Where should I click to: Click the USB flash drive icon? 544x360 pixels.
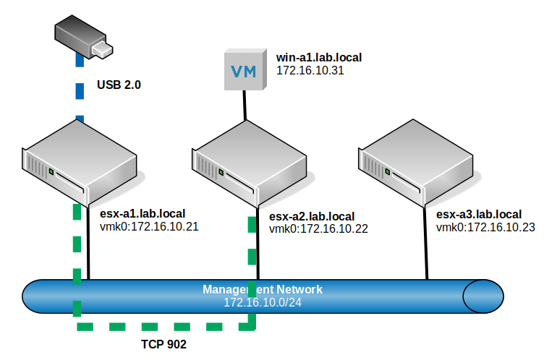84,37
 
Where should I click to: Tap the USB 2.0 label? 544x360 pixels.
119,85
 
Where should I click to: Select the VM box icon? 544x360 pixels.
245,69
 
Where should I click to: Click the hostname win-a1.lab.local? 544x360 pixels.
319,58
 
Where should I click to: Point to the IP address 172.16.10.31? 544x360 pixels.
310,70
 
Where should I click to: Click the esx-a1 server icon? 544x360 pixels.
80,163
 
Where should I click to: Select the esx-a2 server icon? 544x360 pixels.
249,163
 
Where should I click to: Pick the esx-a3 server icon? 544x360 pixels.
416,163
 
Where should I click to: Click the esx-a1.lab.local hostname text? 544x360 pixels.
143,213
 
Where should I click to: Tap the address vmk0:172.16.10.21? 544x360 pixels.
149,226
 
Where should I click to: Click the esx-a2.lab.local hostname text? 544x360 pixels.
312,216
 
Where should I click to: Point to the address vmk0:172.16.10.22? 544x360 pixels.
318,229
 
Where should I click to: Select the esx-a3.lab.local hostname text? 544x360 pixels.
479,214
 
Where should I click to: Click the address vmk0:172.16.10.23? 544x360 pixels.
485,227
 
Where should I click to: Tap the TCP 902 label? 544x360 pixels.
163,344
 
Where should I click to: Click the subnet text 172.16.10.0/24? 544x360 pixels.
263,302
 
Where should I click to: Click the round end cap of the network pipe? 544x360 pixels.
483,296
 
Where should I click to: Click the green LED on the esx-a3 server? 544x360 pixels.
388,171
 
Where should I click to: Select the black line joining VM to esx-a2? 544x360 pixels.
245,106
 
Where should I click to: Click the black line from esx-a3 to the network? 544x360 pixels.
425,243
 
